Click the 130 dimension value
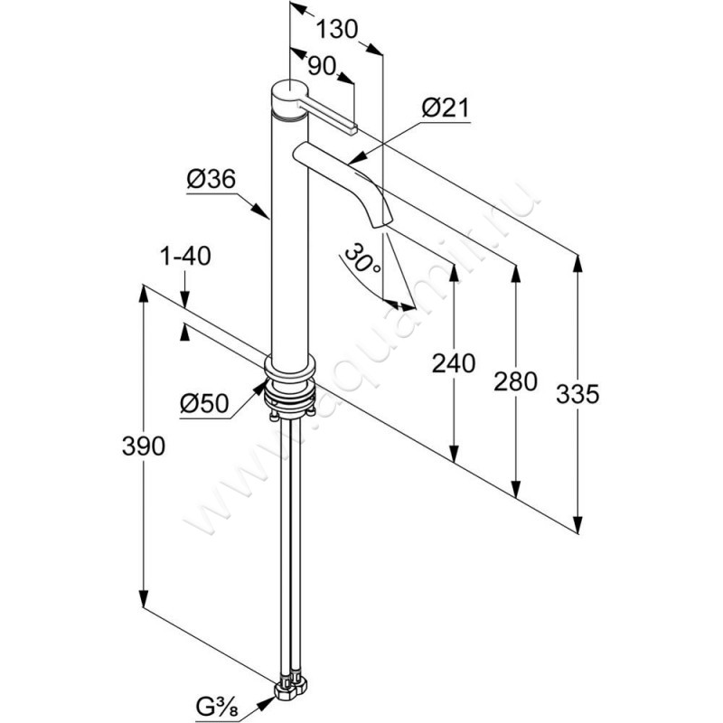(x=336, y=30)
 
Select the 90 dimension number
(x=321, y=66)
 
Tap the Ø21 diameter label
(x=445, y=108)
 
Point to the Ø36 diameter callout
(x=211, y=179)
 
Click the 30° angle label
(x=363, y=258)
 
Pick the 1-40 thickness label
(x=185, y=256)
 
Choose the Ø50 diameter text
(x=204, y=404)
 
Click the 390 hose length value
(x=144, y=446)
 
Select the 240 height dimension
(x=454, y=363)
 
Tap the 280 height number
(x=515, y=381)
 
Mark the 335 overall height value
(x=577, y=394)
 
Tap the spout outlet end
(x=381, y=223)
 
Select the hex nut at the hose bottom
(x=290, y=690)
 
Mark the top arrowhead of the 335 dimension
(x=577, y=266)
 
